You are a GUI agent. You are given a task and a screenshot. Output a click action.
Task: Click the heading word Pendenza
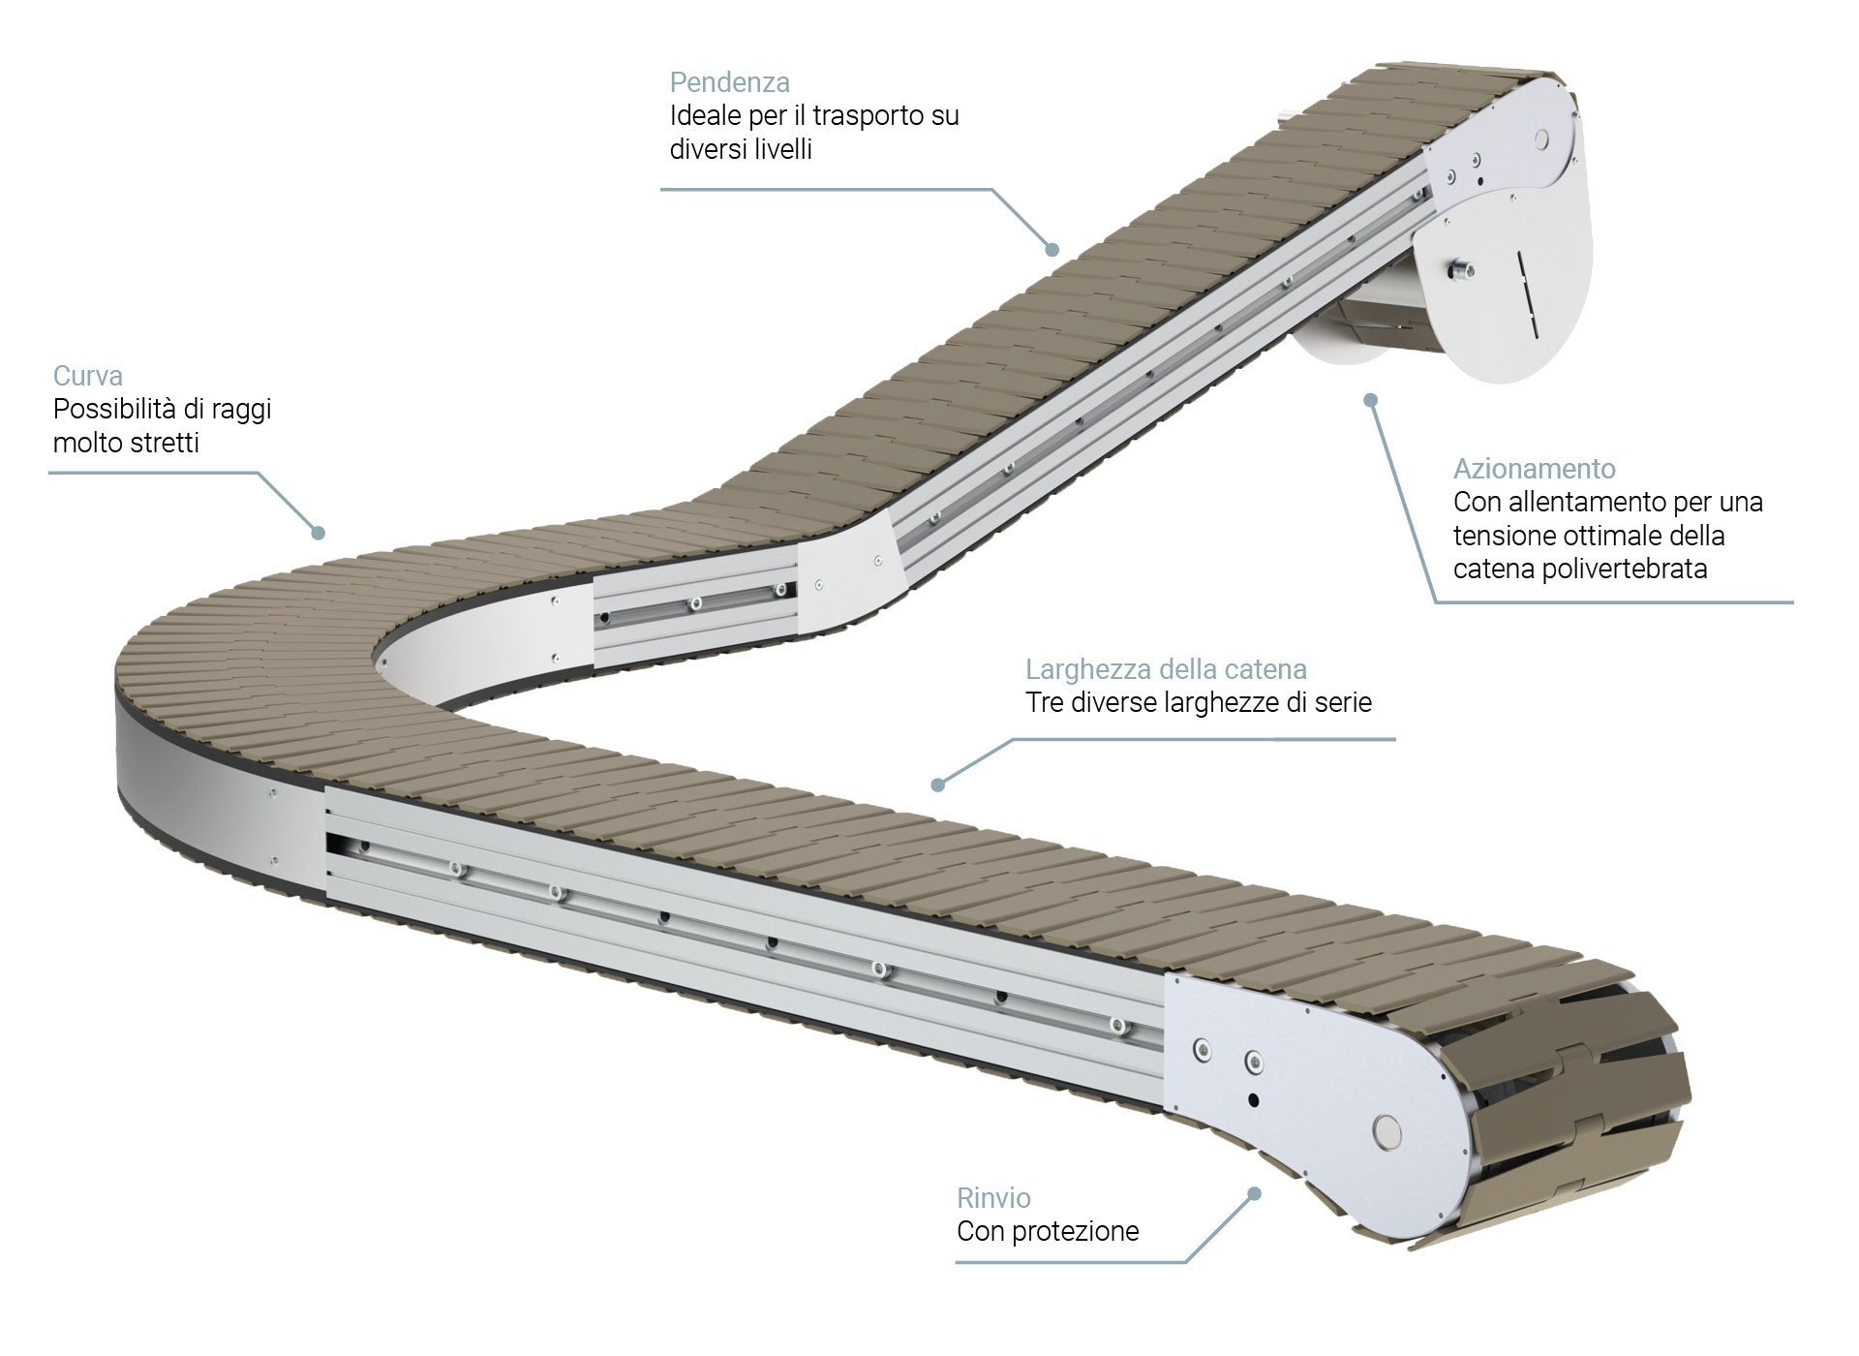[729, 82]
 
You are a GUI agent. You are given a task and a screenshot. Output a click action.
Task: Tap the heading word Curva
[87, 376]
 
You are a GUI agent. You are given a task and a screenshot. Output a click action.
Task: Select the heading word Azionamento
[1534, 469]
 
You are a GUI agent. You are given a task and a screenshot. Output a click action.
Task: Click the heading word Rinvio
[993, 1198]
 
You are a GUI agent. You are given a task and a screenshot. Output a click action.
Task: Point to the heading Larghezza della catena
[1166, 669]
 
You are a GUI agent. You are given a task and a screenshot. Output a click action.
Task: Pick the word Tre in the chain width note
[1045, 702]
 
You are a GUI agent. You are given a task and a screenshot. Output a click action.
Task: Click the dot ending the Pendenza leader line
[1052, 250]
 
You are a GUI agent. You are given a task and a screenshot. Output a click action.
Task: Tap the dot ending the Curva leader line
[318, 533]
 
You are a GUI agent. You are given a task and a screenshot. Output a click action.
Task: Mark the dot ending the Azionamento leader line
[1370, 400]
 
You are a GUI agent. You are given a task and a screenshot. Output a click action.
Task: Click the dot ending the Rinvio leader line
[1254, 1194]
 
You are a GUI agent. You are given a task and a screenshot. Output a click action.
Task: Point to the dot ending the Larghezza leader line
[937, 785]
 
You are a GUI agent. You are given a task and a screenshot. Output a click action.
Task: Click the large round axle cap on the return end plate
[1387, 1129]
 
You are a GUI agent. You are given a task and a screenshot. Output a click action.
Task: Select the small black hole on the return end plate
[1253, 1100]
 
